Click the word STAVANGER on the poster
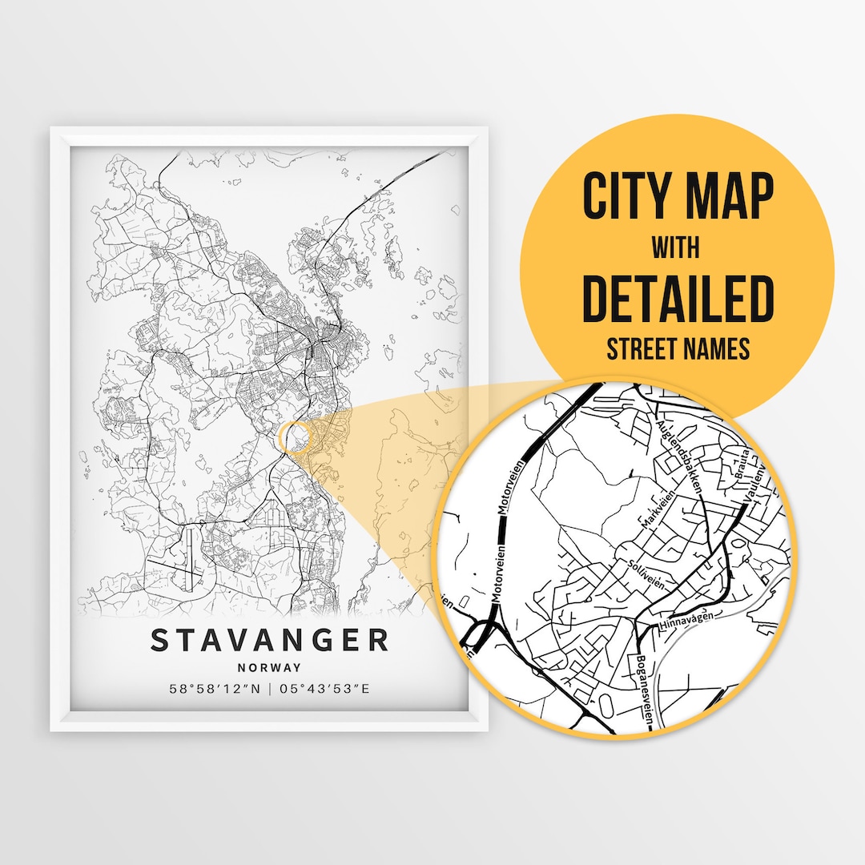point(269,640)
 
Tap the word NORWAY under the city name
point(269,667)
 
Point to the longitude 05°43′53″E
point(324,689)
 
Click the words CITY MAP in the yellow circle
point(678,196)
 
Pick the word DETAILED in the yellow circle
point(678,298)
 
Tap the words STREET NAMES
point(678,349)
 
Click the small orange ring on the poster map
point(293,436)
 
